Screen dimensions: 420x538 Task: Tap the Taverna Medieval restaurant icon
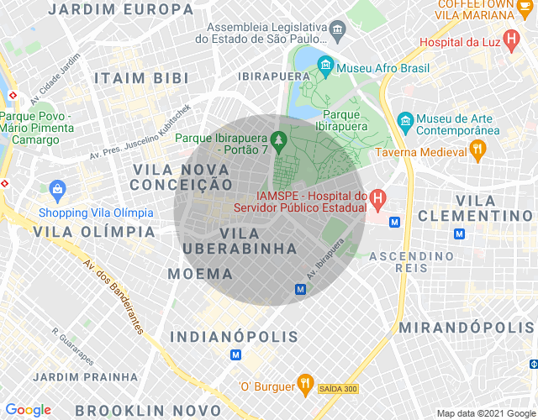478,152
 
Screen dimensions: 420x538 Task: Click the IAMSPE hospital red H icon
378,200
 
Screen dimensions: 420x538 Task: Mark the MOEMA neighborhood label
200,274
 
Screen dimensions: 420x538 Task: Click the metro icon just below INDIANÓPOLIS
235,355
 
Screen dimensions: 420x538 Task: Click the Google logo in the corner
29,410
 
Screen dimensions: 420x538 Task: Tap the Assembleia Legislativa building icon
338,32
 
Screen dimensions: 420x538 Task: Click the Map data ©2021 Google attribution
483,412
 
